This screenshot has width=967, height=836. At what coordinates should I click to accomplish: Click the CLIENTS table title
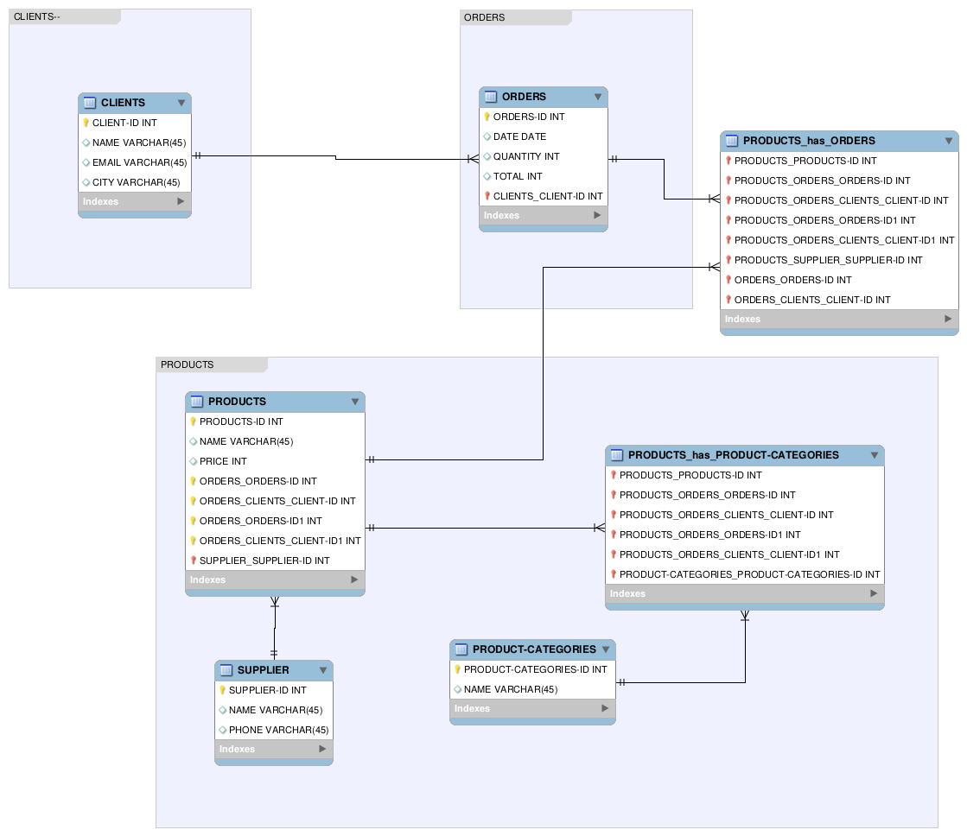pyautogui.click(x=123, y=103)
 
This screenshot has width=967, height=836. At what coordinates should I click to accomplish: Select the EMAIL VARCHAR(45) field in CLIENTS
pyautogui.click(x=139, y=162)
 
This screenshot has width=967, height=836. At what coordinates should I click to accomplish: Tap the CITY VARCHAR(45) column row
pyautogui.click(x=136, y=182)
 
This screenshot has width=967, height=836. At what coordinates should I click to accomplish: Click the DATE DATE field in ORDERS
pyautogui.click(x=519, y=136)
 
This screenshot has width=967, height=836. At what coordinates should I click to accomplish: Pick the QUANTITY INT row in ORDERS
pyautogui.click(x=526, y=156)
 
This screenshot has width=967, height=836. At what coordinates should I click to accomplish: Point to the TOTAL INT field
pyautogui.click(x=518, y=176)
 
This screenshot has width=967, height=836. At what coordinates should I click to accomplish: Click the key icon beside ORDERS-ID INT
pyautogui.click(x=487, y=117)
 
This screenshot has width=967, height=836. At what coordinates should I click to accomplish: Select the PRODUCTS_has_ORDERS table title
pyautogui.click(x=809, y=141)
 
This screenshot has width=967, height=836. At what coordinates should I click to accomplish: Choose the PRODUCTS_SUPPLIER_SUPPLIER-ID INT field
pyautogui.click(x=828, y=260)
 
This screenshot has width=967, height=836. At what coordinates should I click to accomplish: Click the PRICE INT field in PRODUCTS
pyautogui.click(x=223, y=461)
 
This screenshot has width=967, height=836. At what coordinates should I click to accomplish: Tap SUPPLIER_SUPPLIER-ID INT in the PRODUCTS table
pyautogui.click(x=264, y=560)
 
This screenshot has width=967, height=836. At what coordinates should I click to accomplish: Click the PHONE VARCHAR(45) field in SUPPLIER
pyautogui.click(x=278, y=730)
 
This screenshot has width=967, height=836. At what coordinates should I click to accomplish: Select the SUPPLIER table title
pyautogui.click(x=263, y=670)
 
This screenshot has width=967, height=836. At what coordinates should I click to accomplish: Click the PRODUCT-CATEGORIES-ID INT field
pyautogui.click(x=535, y=669)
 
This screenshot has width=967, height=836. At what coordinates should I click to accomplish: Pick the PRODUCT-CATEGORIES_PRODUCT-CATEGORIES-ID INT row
pyautogui.click(x=749, y=574)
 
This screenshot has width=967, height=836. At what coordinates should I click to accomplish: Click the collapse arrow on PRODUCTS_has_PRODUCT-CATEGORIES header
pyautogui.click(x=874, y=455)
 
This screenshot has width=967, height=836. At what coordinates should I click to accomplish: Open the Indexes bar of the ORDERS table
pyautogui.click(x=543, y=215)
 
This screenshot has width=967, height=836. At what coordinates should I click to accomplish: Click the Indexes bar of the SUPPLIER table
pyautogui.click(x=273, y=749)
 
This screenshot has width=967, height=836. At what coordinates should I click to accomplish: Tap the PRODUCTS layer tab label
pyautogui.click(x=188, y=364)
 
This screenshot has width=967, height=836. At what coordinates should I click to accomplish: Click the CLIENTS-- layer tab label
pyautogui.click(x=37, y=16)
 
